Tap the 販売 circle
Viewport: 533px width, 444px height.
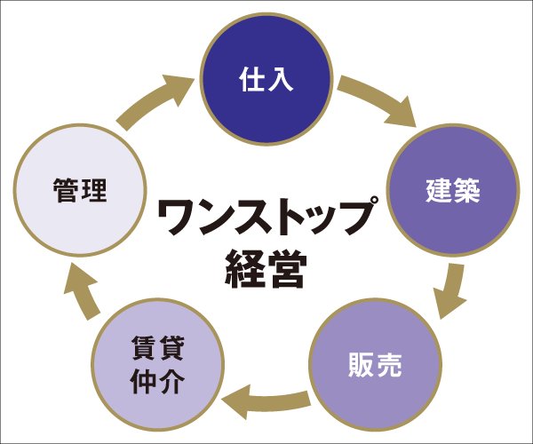pyautogui.click(x=375, y=364)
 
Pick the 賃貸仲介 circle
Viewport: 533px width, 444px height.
pyautogui.click(x=157, y=364)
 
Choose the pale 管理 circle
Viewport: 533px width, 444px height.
pyautogui.click(x=80, y=189)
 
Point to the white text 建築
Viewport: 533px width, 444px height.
pyautogui.click(x=453, y=190)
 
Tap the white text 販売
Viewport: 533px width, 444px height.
pyautogui.click(x=375, y=365)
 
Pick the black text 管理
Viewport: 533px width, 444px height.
pyautogui.click(x=80, y=190)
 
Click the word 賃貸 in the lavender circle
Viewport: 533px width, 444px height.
pyautogui.click(x=157, y=348)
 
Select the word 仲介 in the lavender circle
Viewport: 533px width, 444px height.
pyautogui.click(x=157, y=382)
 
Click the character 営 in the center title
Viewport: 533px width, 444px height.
pyautogui.click(x=286, y=267)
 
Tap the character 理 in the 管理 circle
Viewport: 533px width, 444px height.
pyautogui.click(x=93, y=190)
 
